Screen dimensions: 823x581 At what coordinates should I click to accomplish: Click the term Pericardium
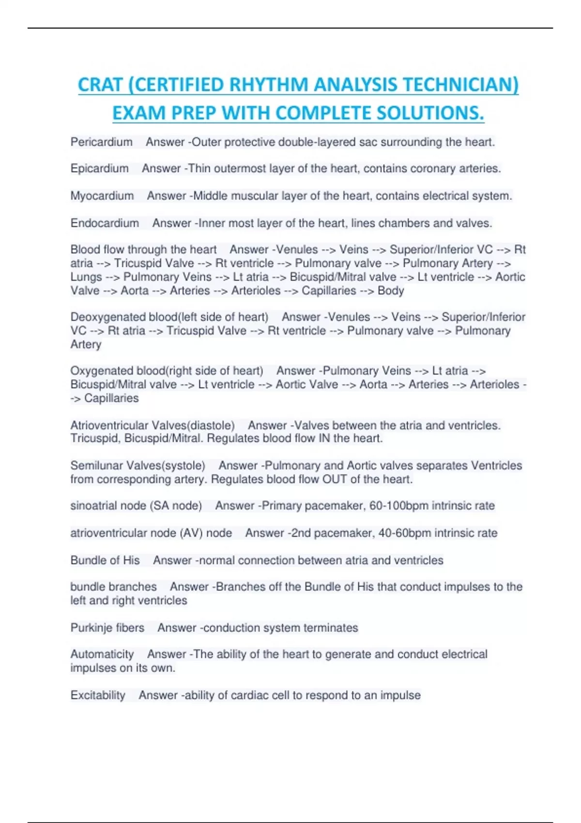(x=101, y=142)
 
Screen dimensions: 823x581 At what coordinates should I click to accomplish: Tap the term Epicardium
(x=99, y=168)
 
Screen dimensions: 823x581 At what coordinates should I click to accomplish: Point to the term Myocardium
(x=102, y=196)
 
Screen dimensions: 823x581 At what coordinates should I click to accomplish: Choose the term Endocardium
(x=105, y=223)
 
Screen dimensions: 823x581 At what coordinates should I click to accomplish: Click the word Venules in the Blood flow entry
(x=295, y=250)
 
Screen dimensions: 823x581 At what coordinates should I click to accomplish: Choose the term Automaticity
(x=102, y=655)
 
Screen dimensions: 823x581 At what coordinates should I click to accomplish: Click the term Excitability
(x=98, y=696)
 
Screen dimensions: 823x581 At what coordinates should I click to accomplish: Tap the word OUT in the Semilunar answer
(x=335, y=479)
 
